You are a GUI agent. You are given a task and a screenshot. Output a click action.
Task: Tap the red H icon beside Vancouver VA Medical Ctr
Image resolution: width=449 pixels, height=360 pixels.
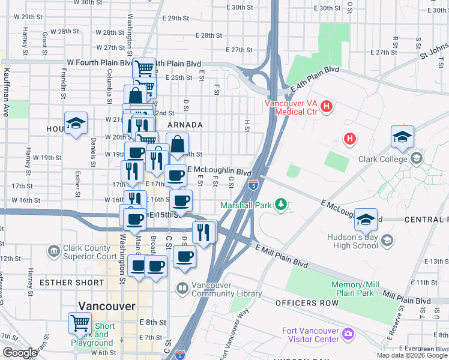(x=327, y=107)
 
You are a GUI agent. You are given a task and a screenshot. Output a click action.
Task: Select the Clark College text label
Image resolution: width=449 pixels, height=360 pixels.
(x=384, y=159)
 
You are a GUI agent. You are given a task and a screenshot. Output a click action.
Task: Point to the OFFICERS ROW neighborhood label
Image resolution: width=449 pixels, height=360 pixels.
(x=307, y=303)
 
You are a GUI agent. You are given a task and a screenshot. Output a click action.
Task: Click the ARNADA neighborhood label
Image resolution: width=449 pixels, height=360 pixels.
(x=185, y=125)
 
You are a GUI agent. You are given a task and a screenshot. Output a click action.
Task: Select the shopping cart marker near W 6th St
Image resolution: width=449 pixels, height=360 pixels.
(x=80, y=323)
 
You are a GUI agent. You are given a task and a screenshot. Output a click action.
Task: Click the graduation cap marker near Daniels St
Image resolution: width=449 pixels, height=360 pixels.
(x=76, y=123)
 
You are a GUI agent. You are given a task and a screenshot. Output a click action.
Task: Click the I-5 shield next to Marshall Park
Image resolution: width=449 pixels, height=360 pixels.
(x=253, y=185)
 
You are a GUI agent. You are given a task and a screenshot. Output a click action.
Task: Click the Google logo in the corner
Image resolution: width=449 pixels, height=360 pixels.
(x=20, y=353)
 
